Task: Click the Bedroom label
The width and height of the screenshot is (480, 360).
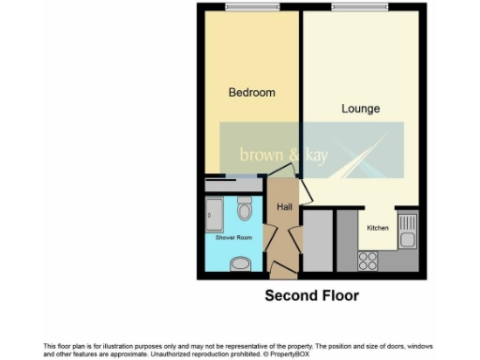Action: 252,92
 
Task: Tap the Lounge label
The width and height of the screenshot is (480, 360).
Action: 360,109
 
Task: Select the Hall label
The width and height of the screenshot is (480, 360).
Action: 283,207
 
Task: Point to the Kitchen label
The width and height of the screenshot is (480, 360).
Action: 377,228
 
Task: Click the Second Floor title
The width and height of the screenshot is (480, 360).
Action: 311,296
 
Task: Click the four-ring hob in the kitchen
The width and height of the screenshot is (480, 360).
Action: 367,261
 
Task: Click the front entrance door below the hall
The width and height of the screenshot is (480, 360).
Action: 279,271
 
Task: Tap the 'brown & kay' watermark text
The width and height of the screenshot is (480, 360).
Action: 282,154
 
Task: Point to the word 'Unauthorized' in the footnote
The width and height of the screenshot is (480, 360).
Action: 179,353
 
